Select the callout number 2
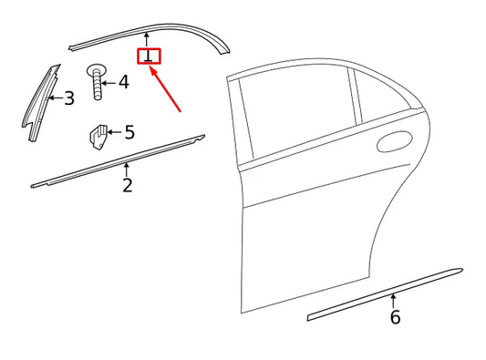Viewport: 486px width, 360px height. (127, 186)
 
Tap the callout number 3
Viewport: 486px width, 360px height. (68, 98)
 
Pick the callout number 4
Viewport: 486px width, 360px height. (123, 82)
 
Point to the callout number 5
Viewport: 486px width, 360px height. (129, 133)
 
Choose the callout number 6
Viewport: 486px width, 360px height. (394, 317)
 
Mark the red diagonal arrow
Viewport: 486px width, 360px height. (170, 91)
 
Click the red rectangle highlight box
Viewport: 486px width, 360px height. (148, 57)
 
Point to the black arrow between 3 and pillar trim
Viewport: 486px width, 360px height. (55, 98)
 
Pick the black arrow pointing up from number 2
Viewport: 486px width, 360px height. (127, 169)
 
